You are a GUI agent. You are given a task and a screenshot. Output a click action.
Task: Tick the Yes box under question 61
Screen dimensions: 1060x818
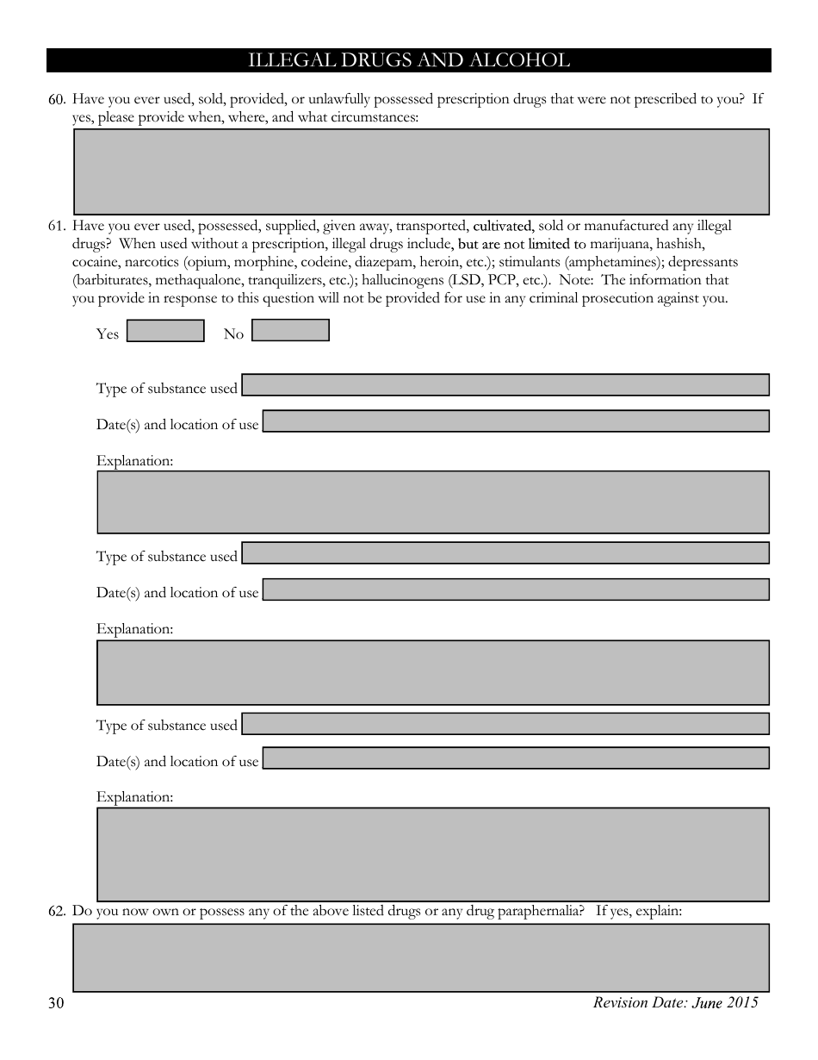(x=165, y=331)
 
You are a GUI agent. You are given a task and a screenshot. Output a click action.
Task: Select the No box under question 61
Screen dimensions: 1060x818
(x=290, y=330)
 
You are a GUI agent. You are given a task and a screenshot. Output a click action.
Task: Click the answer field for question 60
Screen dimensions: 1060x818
(x=421, y=171)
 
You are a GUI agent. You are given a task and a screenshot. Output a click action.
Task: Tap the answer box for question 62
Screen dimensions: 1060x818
(x=421, y=957)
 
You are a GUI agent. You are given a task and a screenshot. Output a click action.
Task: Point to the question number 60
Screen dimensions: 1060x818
(x=57, y=99)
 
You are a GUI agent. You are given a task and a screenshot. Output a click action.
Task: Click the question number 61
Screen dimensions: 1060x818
(x=57, y=227)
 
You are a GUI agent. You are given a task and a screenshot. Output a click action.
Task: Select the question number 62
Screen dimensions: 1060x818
(x=57, y=911)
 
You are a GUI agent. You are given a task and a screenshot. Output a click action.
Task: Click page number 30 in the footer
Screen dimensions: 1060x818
(x=57, y=1003)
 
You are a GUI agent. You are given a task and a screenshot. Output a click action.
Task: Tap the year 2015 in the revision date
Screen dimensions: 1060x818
(x=741, y=1002)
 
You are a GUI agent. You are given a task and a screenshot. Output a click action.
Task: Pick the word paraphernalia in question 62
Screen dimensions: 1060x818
(x=542, y=911)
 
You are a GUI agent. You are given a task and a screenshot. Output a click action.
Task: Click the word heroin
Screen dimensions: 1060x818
(x=418, y=262)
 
